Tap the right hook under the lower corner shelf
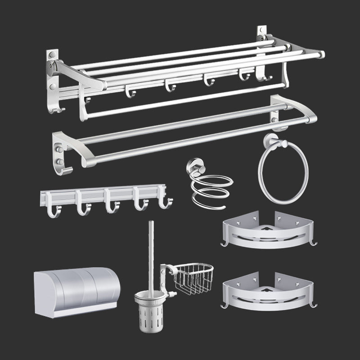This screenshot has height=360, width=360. click(314, 306)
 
